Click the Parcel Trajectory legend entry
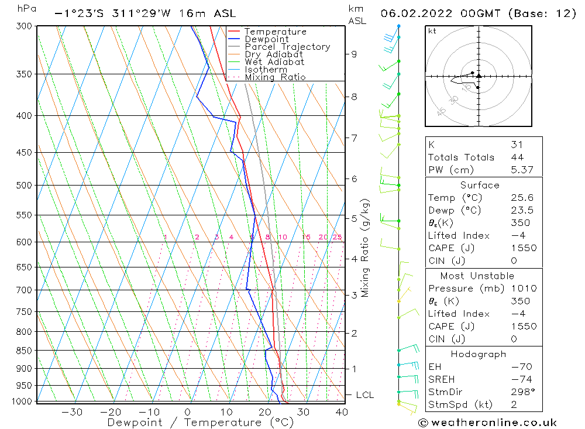pyautogui.click(x=287, y=47)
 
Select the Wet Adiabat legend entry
pyautogui.click(x=274, y=62)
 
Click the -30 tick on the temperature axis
pyautogui.click(x=71, y=412)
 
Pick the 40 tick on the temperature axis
pyautogui.click(x=342, y=412)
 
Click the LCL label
pyautogui.click(x=364, y=395)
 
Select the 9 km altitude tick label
pyautogui.click(x=354, y=54)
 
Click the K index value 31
pyautogui.click(x=517, y=145)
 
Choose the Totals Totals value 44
pyautogui.click(x=517, y=157)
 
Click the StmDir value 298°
pyautogui.click(x=521, y=392)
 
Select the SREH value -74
pyautogui.click(x=519, y=379)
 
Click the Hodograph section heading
pyautogui.click(x=479, y=354)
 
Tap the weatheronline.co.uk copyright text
pyautogui.click(x=487, y=422)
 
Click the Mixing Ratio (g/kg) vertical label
pyautogui.click(x=366, y=248)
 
